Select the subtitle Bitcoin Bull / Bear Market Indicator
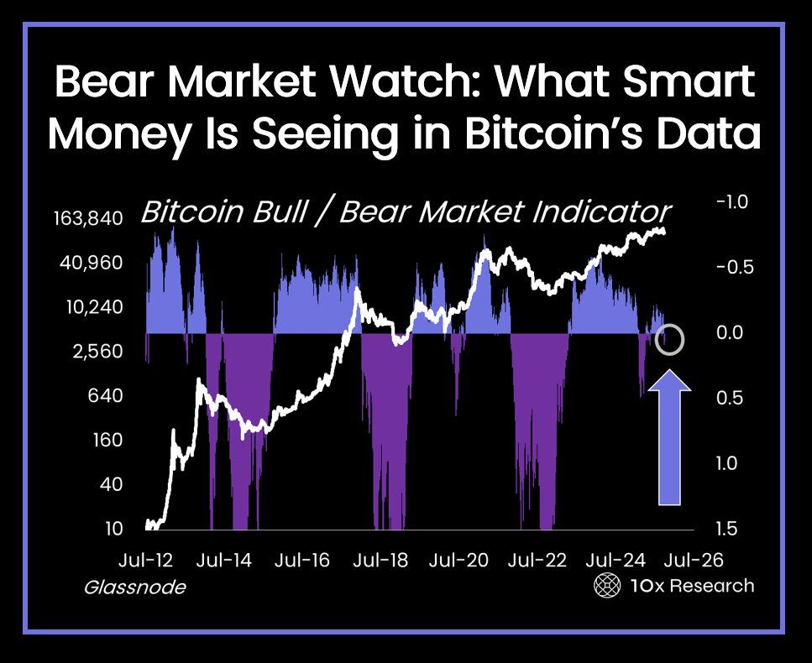(406, 210)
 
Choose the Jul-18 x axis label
(380, 560)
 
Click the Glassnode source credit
(134, 587)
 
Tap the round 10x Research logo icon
(606, 586)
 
